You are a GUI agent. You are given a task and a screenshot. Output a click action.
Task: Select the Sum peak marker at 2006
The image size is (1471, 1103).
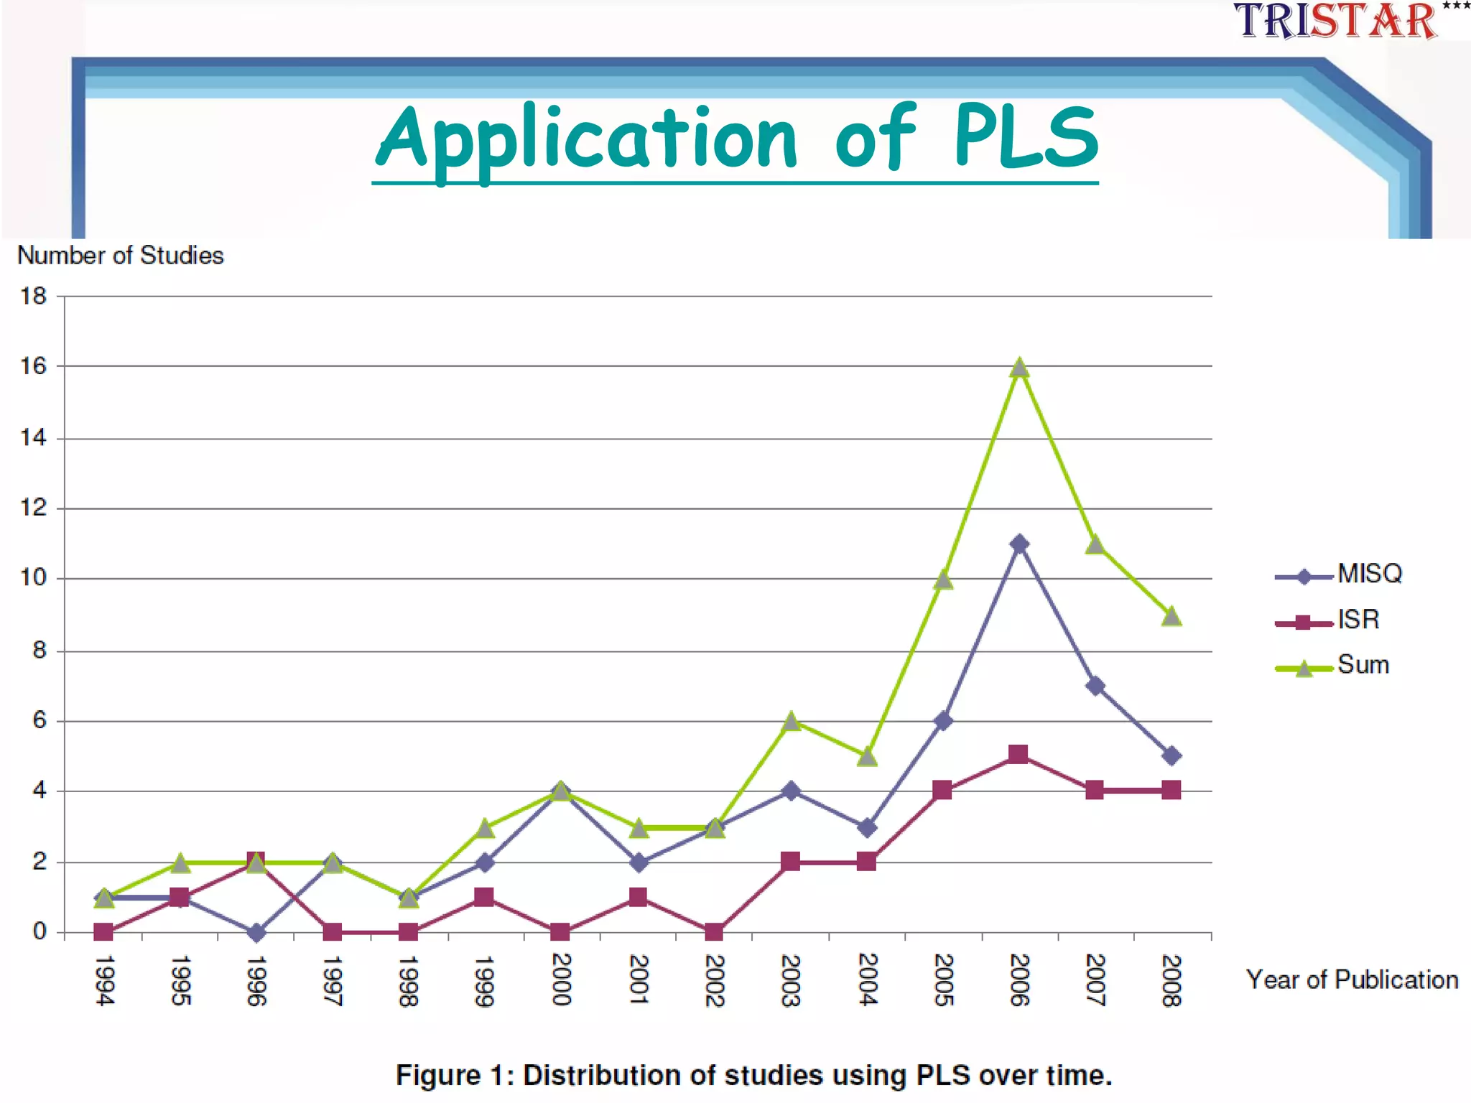tap(1018, 368)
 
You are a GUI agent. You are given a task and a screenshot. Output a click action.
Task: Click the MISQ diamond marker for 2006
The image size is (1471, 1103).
tap(1018, 544)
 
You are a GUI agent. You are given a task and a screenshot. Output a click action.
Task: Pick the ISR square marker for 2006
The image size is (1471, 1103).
tap(1018, 754)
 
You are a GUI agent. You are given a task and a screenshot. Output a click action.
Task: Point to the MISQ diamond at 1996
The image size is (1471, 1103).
tap(256, 933)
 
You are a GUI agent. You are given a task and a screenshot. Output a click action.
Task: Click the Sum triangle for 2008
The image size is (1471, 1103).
tap(1171, 617)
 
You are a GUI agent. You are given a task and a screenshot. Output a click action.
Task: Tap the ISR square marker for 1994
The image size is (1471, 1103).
tap(103, 932)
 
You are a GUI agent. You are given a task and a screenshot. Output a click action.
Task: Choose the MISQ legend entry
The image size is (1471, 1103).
tap(1340, 574)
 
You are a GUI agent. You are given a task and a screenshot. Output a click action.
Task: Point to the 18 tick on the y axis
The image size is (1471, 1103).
tap(33, 296)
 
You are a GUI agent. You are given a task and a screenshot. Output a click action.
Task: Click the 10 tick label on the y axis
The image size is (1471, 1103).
tap(33, 578)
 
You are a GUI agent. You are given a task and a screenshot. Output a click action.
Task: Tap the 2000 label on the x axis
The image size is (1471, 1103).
tap(561, 979)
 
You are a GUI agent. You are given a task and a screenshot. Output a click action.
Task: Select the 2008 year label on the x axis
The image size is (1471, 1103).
tap(1171, 980)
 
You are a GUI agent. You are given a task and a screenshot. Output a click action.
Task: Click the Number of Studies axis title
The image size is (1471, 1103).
tap(121, 256)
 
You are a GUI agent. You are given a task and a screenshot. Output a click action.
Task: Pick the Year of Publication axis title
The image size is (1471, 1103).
tap(1352, 980)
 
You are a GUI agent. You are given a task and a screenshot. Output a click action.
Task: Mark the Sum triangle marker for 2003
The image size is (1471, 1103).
tap(791, 722)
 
